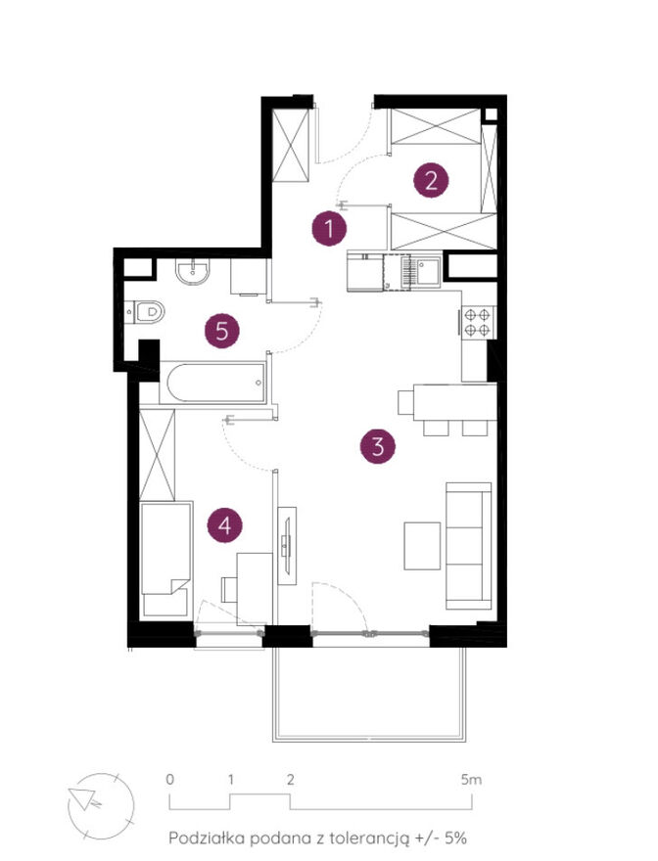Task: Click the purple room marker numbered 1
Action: [x=329, y=228]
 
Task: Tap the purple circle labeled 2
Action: [x=431, y=180]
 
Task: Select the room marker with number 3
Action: [x=378, y=446]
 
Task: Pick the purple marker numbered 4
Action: [x=225, y=525]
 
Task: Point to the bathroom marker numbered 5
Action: [x=222, y=331]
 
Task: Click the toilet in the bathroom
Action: [x=145, y=312]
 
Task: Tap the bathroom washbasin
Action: [x=192, y=272]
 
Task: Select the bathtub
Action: [x=216, y=383]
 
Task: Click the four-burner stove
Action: [x=477, y=322]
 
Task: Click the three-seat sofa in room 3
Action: [x=468, y=546]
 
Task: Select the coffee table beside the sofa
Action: [x=422, y=546]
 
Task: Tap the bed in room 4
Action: [x=167, y=558]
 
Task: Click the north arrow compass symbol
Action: [x=101, y=806]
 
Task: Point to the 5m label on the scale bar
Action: [x=471, y=779]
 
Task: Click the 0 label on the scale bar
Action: [x=170, y=779]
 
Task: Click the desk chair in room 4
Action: [x=229, y=589]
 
